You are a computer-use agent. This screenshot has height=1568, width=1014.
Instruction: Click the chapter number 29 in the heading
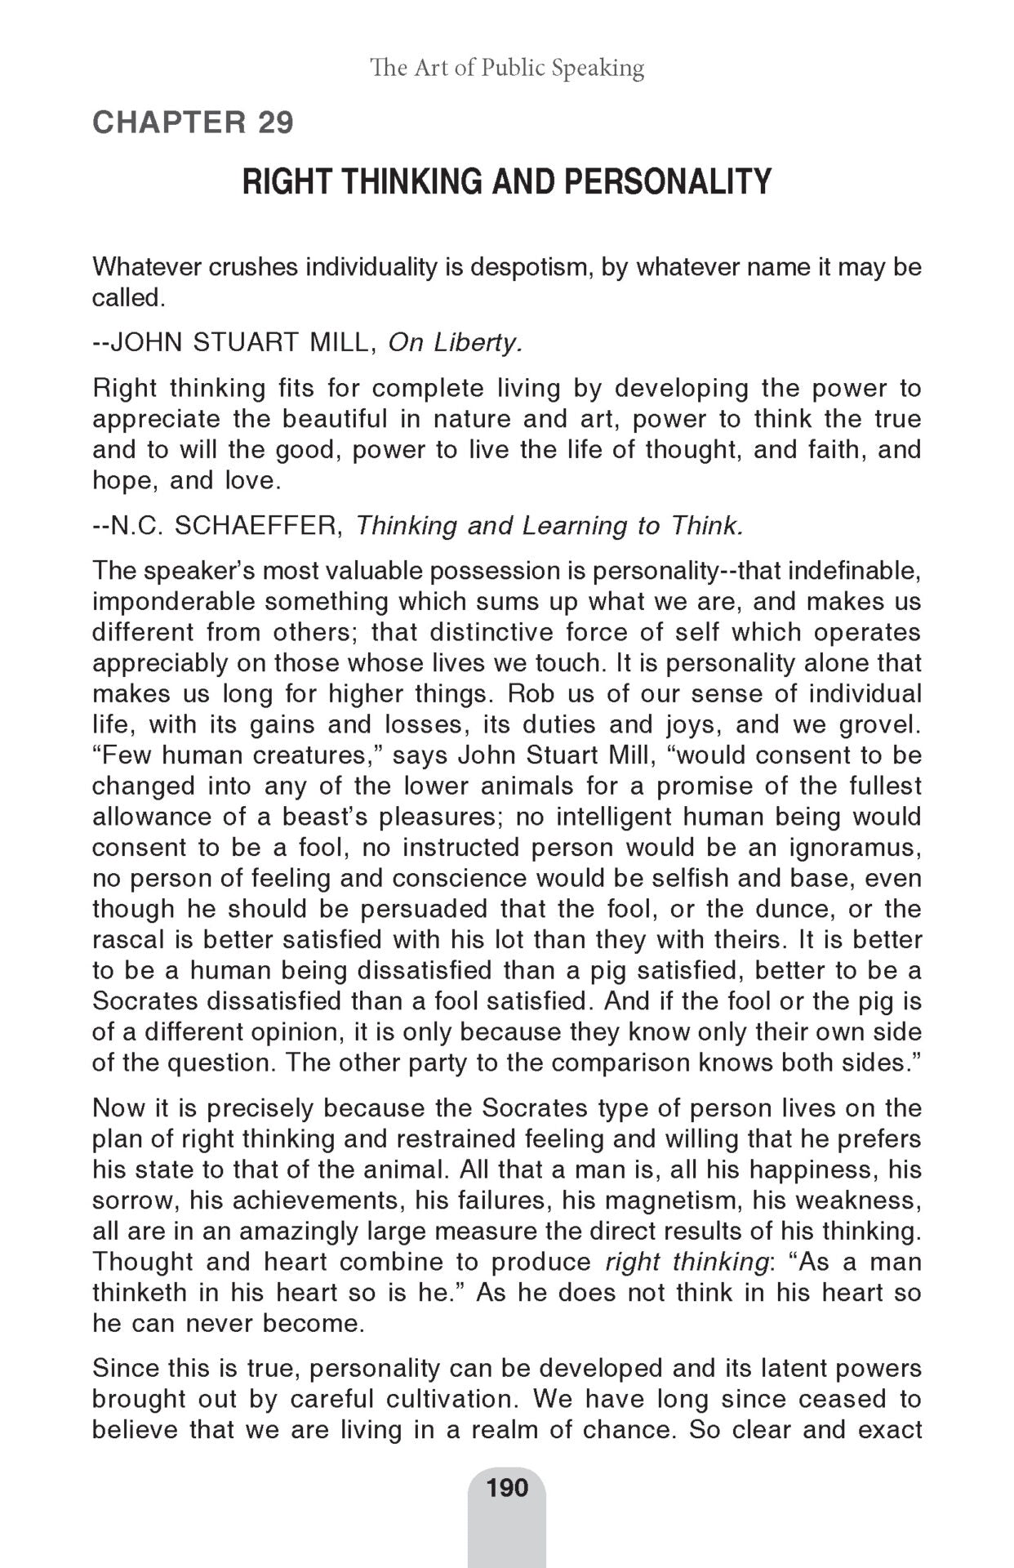(x=275, y=122)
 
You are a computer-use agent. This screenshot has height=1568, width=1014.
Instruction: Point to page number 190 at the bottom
(x=507, y=1487)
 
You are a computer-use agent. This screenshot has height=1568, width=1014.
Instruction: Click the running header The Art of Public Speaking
(x=507, y=67)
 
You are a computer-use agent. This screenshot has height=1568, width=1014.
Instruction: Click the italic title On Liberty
(x=454, y=342)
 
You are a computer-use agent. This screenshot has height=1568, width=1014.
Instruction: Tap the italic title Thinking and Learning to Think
(x=549, y=525)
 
